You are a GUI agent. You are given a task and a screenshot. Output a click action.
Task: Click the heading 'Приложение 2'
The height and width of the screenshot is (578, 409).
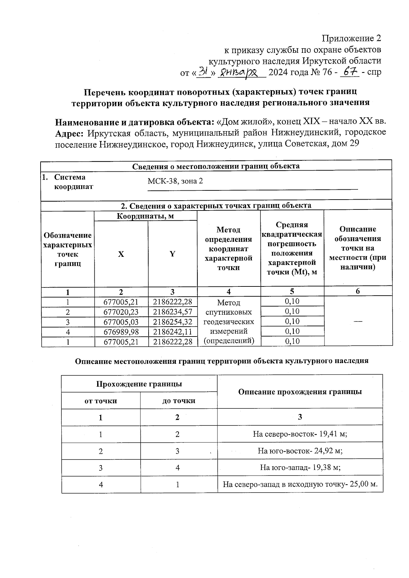pyautogui.click(x=352, y=38)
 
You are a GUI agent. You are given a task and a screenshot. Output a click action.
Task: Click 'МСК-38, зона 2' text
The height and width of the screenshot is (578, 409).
pyautogui.click(x=175, y=181)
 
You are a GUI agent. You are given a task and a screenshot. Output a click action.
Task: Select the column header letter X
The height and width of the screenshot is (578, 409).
pyautogui.click(x=121, y=254)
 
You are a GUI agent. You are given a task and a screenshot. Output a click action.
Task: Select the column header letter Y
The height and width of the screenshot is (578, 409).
pyautogui.click(x=172, y=254)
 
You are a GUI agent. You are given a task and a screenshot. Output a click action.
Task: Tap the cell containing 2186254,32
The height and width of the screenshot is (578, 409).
pyautogui.click(x=172, y=322)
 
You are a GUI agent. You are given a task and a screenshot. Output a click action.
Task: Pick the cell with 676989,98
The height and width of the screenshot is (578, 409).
pyautogui.click(x=121, y=332)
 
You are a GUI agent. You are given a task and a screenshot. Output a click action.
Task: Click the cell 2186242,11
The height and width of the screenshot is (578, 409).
pyautogui.click(x=172, y=332)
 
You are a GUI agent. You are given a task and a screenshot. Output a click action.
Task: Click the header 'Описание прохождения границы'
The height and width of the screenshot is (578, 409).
pyautogui.click(x=300, y=392)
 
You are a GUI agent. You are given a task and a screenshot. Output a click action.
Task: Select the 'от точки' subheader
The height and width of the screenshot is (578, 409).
pyautogui.click(x=101, y=401)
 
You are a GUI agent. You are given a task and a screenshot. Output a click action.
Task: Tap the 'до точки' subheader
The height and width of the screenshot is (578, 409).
pyautogui.click(x=179, y=401)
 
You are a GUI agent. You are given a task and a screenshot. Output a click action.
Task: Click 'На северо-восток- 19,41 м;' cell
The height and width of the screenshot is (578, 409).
pyautogui.click(x=300, y=434)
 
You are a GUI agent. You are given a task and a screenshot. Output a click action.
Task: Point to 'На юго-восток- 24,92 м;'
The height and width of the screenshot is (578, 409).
pyautogui.click(x=300, y=451)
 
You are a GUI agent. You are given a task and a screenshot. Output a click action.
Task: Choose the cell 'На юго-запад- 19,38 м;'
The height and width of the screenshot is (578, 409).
pyautogui.click(x=300, y=467)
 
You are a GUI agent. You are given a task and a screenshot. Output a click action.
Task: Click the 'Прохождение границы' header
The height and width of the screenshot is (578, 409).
pyautogui.click(x=139, y=384)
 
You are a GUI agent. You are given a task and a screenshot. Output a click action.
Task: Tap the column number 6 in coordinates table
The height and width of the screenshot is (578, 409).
pyautogui.click(x=358, y=291)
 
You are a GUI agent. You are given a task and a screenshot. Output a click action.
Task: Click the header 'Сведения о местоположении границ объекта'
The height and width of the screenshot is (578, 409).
pyautogui.click(x=216, y=166)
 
